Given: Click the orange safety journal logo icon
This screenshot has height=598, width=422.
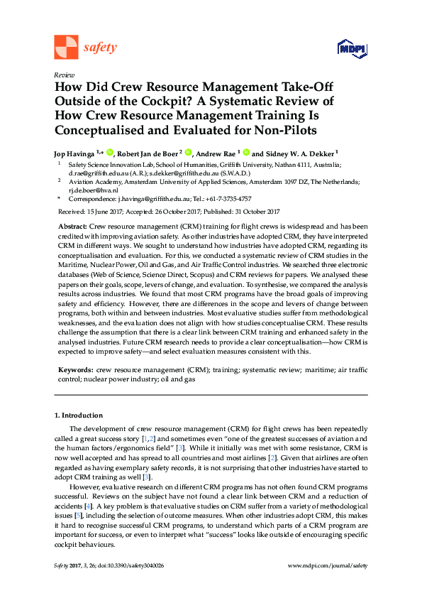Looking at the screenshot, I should click(x=66, y=47).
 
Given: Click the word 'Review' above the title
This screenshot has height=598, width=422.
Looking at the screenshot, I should click(x=63, y=75).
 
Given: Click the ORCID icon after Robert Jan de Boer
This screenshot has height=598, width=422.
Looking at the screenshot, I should click(x=189, y=152).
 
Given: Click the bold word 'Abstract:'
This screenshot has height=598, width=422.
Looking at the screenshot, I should click(x=72, y=224).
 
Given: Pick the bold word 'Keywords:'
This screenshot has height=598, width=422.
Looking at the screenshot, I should click(x=74, y=370).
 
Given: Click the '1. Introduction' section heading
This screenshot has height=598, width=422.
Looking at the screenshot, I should click(x=78, y=415).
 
